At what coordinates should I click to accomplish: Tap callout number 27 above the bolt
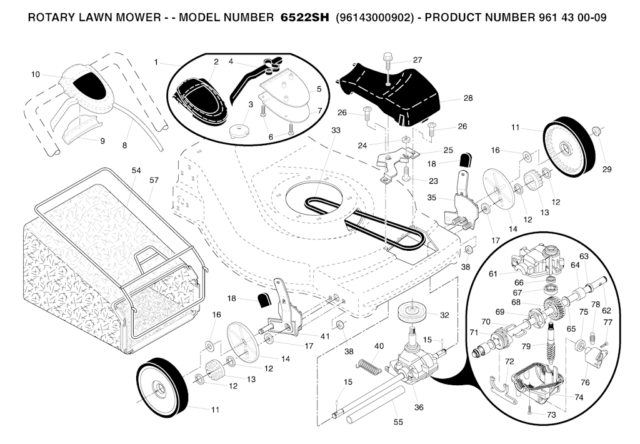click(x=417, y=60)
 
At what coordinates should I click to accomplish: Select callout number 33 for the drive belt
click(x=336, y=130)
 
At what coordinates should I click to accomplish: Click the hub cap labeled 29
click(x=596, y=130)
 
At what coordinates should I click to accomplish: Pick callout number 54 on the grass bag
click(x=136, y=170)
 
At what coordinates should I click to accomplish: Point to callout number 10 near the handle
click(x=35, y=74)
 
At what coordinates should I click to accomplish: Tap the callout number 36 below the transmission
click(x=419, y=408)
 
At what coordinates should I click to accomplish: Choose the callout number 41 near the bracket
click(x=324, y=336)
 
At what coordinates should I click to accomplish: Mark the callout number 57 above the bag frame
click(x=154, y=180)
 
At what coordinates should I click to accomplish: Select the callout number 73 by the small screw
click(x=551, y=415)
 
